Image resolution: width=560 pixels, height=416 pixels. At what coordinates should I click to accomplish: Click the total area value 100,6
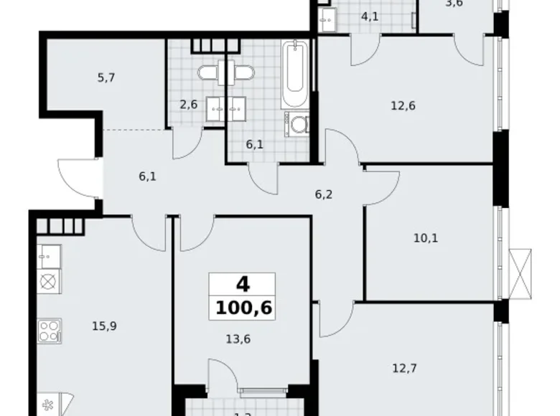(244, 309)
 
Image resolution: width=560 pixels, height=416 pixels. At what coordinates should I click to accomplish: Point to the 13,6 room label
(244, 341)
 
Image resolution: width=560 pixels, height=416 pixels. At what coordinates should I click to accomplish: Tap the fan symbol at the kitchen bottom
(48, 404)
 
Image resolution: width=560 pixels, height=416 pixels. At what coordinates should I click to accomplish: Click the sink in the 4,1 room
(330, 19)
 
